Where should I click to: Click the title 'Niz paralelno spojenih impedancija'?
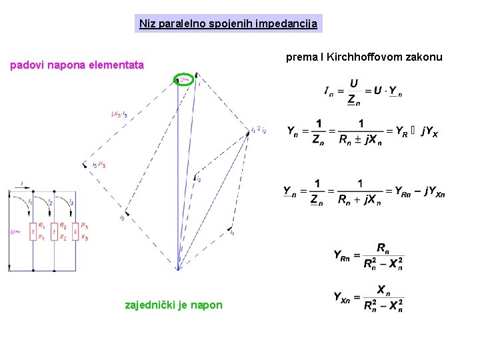click(x=229, y=24)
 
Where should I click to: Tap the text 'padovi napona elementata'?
click(x=76, y=65)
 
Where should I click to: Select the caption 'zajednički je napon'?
click(x=174, y=305)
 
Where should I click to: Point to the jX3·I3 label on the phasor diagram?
click(x=120, y=113)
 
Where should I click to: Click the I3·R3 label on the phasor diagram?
click(x=99, y=165)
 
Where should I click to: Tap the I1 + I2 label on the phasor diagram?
click(x=258, y=131)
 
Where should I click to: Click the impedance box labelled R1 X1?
click(x=33, y=231)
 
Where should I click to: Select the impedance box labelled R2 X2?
click(x=55, y=231)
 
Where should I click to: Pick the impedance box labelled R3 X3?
click(x=75, y=231)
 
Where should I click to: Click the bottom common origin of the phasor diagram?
click(x=178, y=270)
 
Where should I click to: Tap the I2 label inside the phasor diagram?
click(x=198, y=179)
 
